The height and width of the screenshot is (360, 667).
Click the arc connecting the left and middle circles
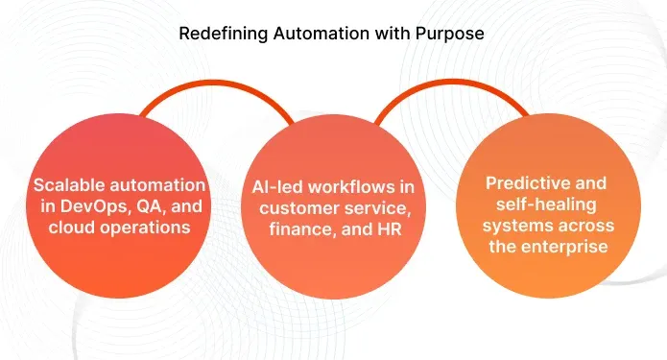click(x=222, y=85)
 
